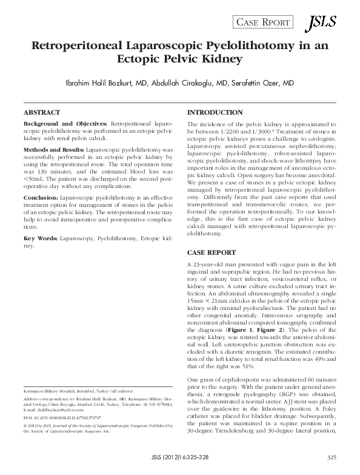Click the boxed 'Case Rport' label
pos(263,24)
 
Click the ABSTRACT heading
pos(41,113)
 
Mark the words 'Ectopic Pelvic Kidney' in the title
pos(180,59)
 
